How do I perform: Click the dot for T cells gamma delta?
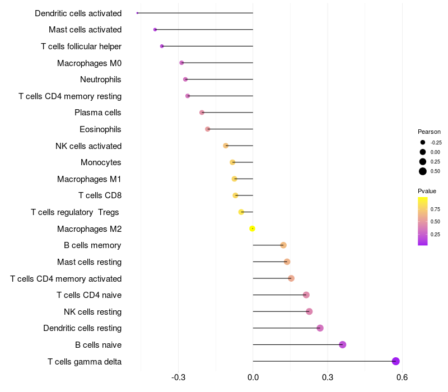click(395, 361)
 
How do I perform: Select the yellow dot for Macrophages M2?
click(252, 228)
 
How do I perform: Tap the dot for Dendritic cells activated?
click(137, 13)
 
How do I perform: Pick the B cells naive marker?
click(343, 344)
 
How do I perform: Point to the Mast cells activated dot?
click(155, 30)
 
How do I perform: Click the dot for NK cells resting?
click(309, 311)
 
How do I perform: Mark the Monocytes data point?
click(232, 162)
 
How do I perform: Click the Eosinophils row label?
click(100, 129)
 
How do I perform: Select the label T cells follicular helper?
click(81, 46)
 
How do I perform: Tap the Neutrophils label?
click(101, 80)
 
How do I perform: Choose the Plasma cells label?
click(97, 113)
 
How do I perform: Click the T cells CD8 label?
click(100, 195)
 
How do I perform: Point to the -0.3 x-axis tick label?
click(178, 377)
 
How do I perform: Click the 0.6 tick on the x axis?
click(402, 377)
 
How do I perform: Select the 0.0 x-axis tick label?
click(253, 377)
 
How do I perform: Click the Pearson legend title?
click(429, 132)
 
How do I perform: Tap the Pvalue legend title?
click(427, 191)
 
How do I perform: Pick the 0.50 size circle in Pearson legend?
click(423, 171)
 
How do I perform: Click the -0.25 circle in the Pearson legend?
click(423, 142)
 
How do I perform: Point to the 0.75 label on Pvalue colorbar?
click(435, 209)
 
